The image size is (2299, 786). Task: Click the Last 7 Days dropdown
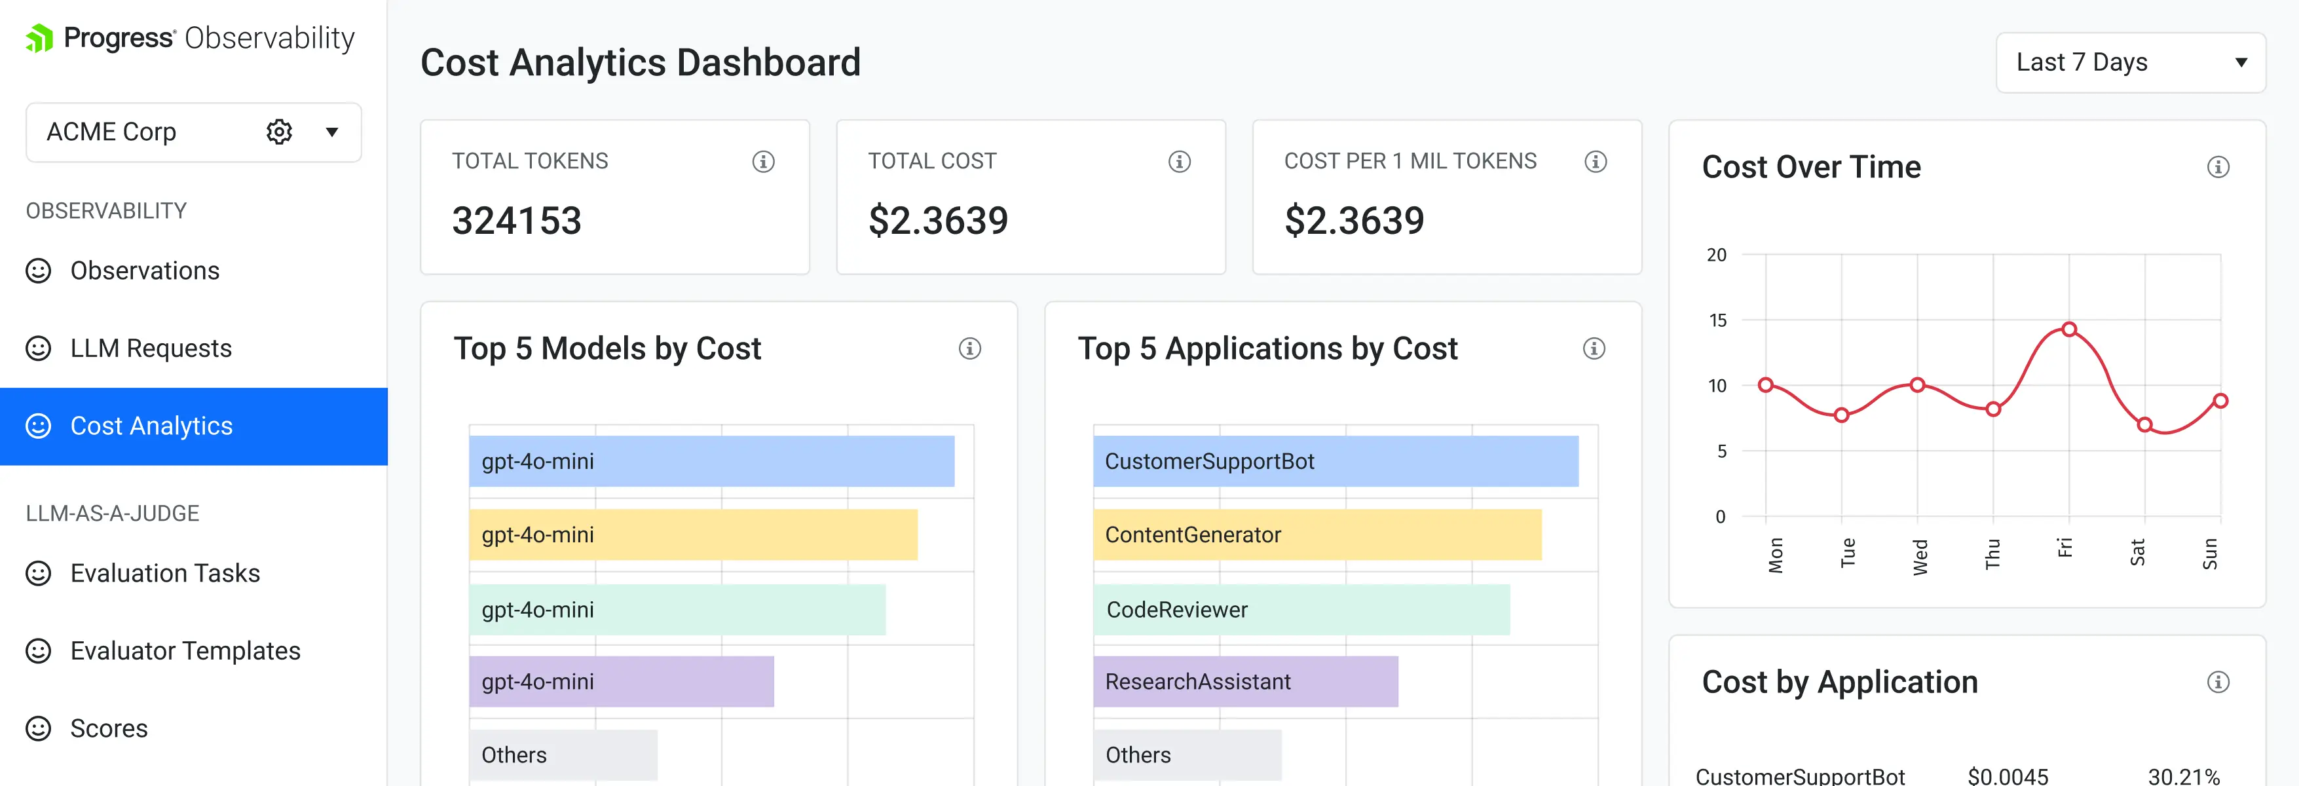[x=2129, y=62]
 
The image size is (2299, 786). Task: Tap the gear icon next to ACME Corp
[x=279, y=132]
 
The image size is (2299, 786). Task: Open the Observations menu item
[x=145, y=271]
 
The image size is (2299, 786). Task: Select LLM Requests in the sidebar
[x=151, y=348]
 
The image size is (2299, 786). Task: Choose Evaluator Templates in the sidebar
[x=185, y=650]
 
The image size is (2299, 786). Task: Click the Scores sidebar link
[x=109, y=728]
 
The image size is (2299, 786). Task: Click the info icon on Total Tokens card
[x=763, y=162]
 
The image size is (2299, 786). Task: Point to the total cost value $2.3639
[x=938, y=220]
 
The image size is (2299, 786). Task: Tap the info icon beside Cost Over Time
[x=2218, y=167]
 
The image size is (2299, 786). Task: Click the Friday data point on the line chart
[x=2068, y=329]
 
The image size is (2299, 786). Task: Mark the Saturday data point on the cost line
[x=2144, y=424]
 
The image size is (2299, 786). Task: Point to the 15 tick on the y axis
[x=1717, y=320]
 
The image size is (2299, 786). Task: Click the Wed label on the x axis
[x=1920, y=556]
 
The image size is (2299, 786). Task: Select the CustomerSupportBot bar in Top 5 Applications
[x=1335, y=461]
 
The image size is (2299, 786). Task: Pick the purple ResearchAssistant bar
[x=1245, y=682]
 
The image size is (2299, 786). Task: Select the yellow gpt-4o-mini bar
[x=692, y=534]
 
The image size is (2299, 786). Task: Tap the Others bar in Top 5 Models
[x=563, y=755]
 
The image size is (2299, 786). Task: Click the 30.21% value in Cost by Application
[x=2183, y=776]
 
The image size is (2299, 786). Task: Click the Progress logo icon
[x=39, y=39]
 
